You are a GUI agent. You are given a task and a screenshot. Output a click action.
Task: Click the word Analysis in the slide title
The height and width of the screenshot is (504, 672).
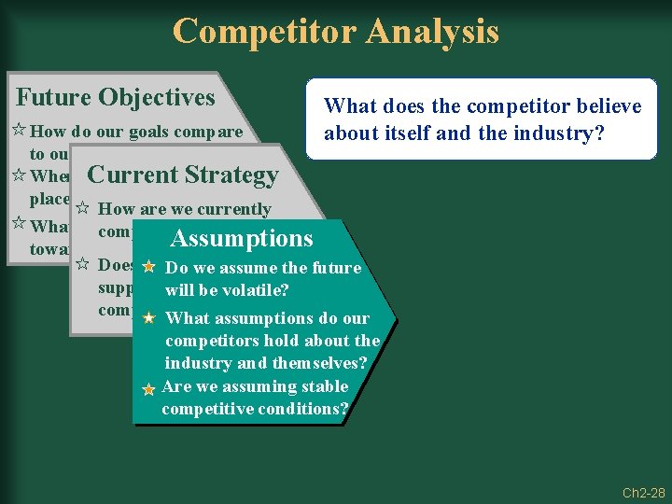(432, 31)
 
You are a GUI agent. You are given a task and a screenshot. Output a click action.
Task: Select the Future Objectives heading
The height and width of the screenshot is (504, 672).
(116, 97)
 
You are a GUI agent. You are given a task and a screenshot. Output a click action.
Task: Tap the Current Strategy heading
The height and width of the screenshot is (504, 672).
(182, 175)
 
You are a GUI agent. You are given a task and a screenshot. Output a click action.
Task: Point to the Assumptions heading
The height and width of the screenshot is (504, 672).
(242, 239)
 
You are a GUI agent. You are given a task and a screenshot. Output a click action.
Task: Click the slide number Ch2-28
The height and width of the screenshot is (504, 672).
(644, 493)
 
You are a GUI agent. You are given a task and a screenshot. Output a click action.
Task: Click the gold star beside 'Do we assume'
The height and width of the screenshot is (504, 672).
(147, 268)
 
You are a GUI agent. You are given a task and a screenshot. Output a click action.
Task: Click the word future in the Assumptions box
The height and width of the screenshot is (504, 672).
(334, 268)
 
